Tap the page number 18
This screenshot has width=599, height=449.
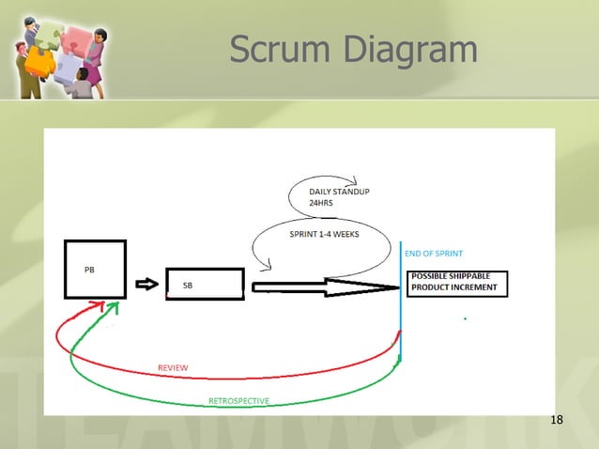[556, 418]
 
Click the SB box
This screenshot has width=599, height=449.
[205, 285]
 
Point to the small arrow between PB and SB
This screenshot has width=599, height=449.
[146, 284]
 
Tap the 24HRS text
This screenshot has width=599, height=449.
[321, 203]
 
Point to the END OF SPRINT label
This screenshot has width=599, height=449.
[433, 254]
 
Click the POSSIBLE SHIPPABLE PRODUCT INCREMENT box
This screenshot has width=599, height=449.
[457, 282]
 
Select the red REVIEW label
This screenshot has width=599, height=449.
[172, 367]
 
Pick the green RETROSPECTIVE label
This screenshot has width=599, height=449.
[238, 401]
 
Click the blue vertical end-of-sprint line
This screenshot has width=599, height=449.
[401, 301]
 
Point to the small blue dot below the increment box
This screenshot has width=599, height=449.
[466, 319]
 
